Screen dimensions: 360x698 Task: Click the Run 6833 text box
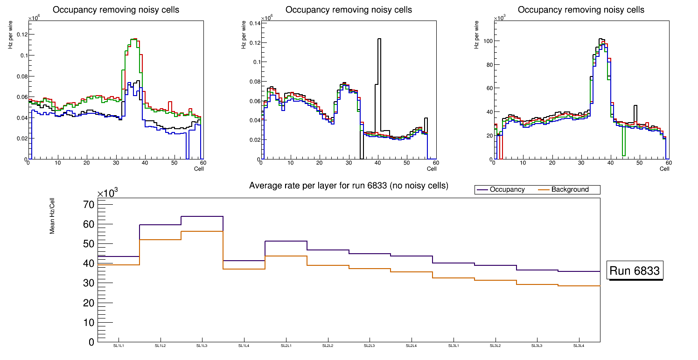(635, 271)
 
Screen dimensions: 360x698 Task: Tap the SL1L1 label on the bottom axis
(119, 346)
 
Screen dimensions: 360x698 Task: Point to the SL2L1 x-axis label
(286, 346)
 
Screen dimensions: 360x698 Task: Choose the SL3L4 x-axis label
(579, 346)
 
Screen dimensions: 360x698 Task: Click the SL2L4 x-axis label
(412, 346)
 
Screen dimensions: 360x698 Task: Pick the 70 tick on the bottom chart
(88, 205)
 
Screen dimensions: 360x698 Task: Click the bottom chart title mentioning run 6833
(349, 186)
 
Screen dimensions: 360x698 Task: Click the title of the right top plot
(581, 10)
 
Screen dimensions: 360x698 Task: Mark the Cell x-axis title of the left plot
(198, 168)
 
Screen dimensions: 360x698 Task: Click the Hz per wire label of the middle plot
(244, 35)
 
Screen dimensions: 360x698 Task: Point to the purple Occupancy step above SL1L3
(202, 216)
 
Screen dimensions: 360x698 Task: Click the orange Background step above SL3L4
(579, 286)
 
